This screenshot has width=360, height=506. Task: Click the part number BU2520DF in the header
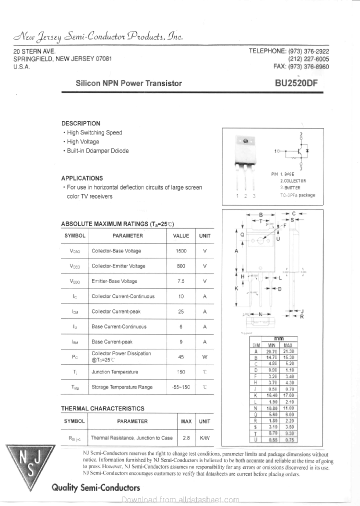(295, 83)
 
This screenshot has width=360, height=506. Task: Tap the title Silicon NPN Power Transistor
(128, 83)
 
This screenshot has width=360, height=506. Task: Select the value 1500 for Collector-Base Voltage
(181, 251)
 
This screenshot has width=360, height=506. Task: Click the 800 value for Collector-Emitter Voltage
(181, 266)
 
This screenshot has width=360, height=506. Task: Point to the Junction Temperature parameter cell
(114, 372)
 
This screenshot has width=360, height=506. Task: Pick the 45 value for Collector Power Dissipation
(181, 357)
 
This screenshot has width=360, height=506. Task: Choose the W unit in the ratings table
(204, 357)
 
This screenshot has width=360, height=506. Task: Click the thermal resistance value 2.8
(186, 437)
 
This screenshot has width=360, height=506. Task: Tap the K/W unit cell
(204, 437)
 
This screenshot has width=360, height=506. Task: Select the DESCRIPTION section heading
(80, 123)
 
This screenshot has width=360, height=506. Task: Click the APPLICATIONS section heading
(82, 178)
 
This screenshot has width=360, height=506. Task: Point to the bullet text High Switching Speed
(94, 132)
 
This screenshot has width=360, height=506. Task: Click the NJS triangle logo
(30, 464)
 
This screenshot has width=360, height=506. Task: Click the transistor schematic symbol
(299, 150)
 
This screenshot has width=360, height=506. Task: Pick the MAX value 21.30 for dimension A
(288, 351)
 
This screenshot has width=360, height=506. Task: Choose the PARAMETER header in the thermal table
(132, 421)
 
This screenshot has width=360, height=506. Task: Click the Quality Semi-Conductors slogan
(95, 488)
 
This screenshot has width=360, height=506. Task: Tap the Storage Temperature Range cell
(122, 387)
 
